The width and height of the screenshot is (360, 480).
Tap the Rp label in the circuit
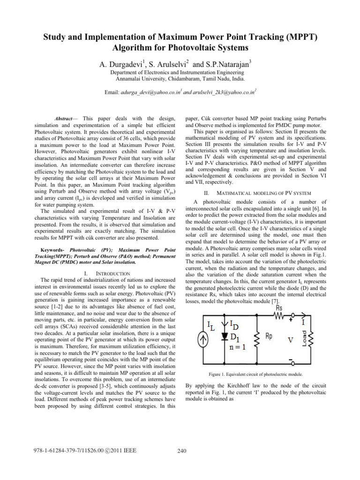pyautogui.click(x=270, y=337)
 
